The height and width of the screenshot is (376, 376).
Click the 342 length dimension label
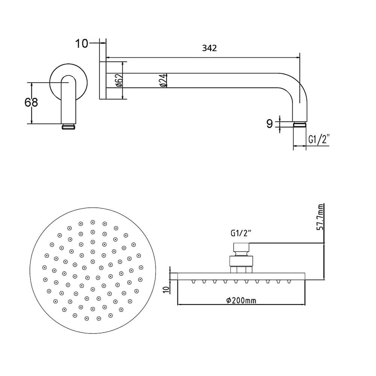[x=209, y=48]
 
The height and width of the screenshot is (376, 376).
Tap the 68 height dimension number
[x=31, y=102]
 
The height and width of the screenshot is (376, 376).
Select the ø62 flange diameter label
[x=119, y=80]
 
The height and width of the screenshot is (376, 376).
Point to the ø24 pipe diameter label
[x=162, y=80]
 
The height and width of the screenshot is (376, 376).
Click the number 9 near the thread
[x=270, y=124]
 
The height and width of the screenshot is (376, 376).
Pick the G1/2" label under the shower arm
[x=319, y=139]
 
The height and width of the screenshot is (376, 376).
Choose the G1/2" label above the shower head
[x=241, y=233]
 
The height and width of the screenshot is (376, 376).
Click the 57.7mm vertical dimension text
[x=320, y=217]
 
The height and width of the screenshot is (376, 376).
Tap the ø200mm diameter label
[x=241, y=300]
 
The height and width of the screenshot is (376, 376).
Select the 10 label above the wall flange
[x=82, y=44]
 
